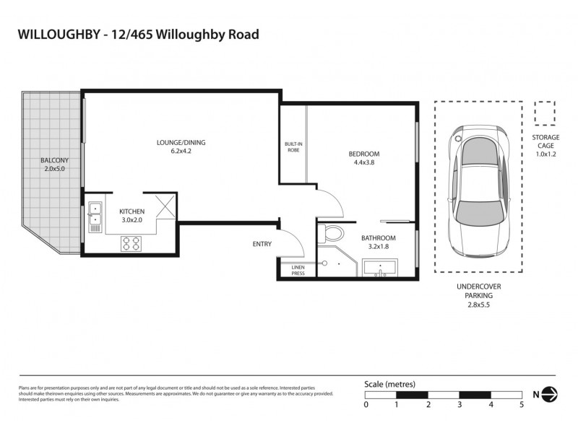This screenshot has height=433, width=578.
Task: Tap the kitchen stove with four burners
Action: [x=131, y=243]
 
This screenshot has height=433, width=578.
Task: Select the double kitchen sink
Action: [x=95, y=214]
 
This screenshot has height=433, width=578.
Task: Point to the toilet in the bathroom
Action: [x=333, y=234]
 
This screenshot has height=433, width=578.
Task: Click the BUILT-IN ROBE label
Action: [x=293, y=147]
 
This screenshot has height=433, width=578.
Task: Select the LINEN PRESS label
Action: [x=298, y=271]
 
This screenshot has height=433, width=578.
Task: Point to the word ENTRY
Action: [x=262, y=244]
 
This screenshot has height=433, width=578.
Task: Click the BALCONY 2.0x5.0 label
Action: [x=53, y=165]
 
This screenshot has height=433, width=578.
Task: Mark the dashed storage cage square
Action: [x=543, y=113]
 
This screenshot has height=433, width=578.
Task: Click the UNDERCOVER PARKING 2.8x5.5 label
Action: [x=474, y=296]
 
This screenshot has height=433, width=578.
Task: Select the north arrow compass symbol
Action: [x=551, y=393]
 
